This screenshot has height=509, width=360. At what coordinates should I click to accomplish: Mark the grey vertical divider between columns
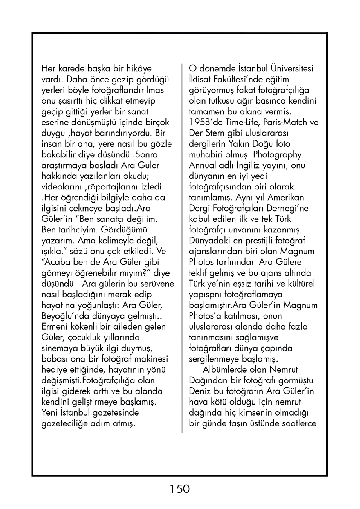(x=182, y=247)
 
